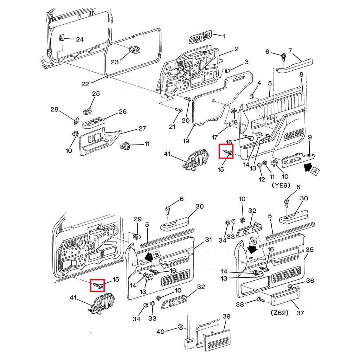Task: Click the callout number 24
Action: coord(80,39)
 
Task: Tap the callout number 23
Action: coord(115,62)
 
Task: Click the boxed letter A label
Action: coord(316,171)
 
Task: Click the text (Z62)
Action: coord(279,312)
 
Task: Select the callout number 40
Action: coord(160,331)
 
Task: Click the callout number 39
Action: coord(227,316)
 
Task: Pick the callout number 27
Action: coord(142,128)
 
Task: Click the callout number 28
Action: coord(54,110)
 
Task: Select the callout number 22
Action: coord(85,84)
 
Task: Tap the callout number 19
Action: coord(186,141)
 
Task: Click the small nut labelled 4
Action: coord(252,96)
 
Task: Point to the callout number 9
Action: coord(310,137)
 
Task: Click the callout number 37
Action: coord(301,313)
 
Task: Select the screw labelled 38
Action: coord(261,300)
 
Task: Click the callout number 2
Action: coord(237,49)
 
